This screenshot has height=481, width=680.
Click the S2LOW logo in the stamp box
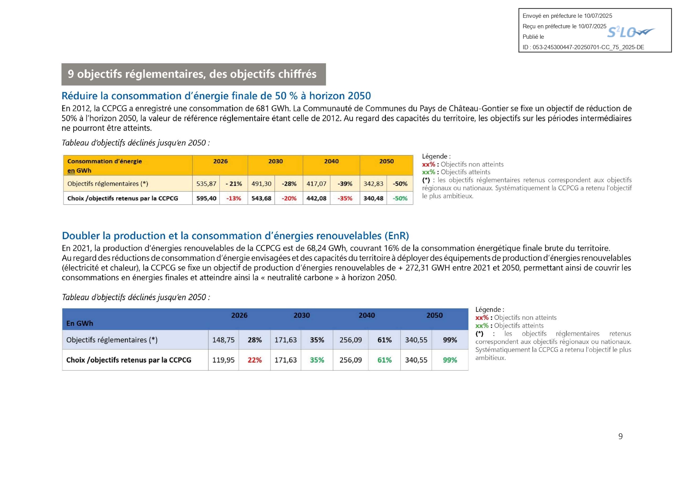630,32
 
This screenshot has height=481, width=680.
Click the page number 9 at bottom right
620,436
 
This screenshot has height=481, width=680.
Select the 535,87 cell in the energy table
206,184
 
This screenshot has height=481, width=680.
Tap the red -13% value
234,198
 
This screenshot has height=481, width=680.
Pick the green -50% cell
400,198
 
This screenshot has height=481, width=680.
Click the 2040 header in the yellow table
331,161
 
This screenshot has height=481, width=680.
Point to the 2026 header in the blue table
239,315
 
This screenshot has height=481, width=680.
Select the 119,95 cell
224,360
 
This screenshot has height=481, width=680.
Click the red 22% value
255,360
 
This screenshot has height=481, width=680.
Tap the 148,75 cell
224,340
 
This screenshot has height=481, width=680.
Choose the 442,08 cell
317,198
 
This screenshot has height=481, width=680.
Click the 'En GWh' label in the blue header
80,323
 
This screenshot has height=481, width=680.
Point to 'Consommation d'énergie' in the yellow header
105,161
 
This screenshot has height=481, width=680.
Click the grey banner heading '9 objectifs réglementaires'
192,74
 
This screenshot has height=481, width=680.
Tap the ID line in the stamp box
583,47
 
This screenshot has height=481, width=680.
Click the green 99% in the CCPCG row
450,360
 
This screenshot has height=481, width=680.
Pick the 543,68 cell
262,198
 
